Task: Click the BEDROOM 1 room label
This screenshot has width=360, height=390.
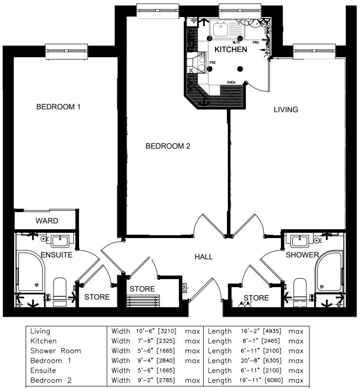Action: (x=58, y=107)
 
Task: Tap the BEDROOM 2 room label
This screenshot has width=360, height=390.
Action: (x=168, y=146)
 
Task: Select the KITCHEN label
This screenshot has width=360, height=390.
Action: (x=231, y=49)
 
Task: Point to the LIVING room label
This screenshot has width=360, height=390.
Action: (x=286, y=109)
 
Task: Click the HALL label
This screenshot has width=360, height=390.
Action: (x=204, y=257)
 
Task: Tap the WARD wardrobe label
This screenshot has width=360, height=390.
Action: (x=47, y=221)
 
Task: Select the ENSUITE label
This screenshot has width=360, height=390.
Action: (x=56, y=255)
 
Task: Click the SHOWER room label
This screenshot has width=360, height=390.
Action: (x=302, y=255)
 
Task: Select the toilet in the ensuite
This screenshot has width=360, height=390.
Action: (x=59, y=289)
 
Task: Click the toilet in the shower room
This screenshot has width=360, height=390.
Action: (x=301, y=289)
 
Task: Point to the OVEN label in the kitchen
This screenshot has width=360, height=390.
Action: (x=231, y=82)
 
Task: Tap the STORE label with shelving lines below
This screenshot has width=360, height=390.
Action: (x=142, y=289)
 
